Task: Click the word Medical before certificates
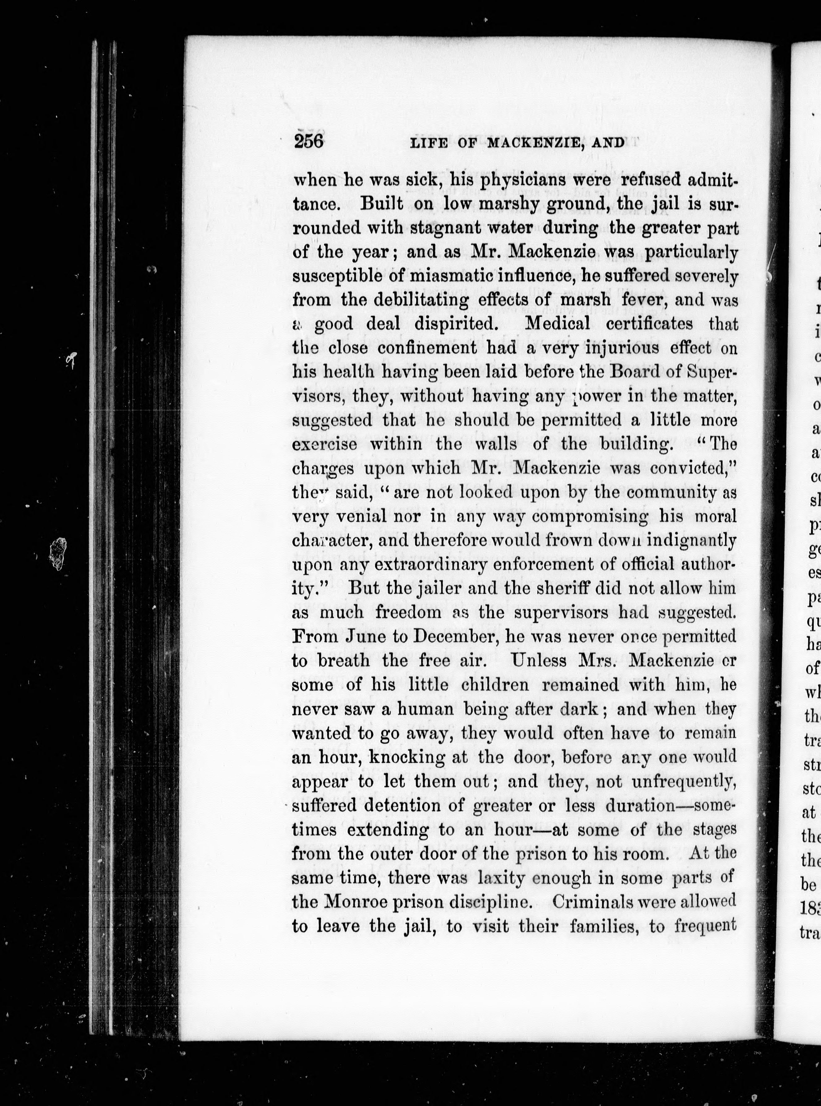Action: point(558,324)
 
